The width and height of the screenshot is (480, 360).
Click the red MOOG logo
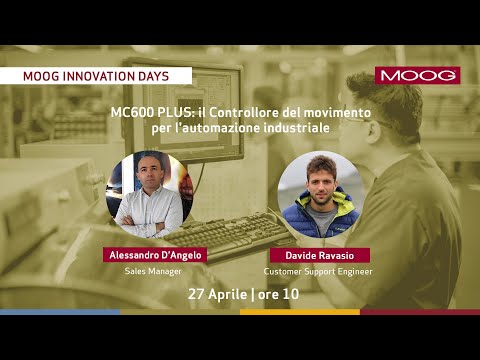coord(418,76)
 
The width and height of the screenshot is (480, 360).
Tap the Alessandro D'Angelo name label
coord(153,255)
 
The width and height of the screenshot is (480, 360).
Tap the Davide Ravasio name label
coord(317,255)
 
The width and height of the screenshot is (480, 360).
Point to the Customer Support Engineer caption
coord(317,271)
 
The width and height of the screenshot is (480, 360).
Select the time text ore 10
coord(281,294)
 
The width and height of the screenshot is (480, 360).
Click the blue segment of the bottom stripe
coord(60,312)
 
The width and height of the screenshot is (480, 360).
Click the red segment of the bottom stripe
coord(420,312)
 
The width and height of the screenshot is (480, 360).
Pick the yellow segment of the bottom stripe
coord(300,312)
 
